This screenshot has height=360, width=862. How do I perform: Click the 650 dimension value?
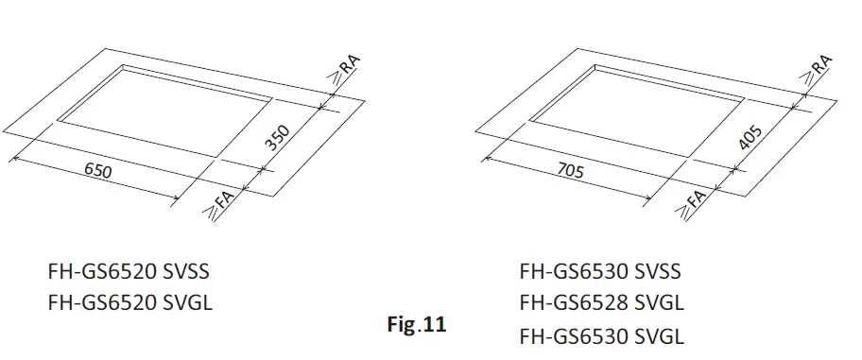tap(98, 173)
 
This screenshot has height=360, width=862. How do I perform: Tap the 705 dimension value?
tap(571, 172)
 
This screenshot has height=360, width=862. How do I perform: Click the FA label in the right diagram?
tap(695, 203)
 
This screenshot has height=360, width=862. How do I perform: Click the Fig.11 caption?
tap(416, 325)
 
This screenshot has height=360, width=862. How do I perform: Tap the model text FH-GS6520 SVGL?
tap(129, 303)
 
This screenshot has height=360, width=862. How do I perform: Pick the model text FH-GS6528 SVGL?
tap(600, 303)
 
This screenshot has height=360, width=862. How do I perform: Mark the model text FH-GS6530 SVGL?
tap(600, 335)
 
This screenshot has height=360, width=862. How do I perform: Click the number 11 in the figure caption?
tap(434, 325)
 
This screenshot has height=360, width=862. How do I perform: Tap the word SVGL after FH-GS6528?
tap(657, 303)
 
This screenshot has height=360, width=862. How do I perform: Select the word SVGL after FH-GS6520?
tap(185, 303)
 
